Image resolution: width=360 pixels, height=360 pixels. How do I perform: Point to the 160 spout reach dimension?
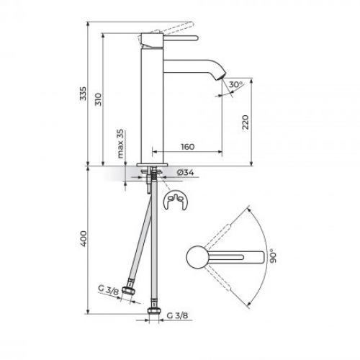click(x=187, y=147)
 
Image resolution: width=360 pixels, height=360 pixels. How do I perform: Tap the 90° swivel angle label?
click(x=272, y=256)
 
